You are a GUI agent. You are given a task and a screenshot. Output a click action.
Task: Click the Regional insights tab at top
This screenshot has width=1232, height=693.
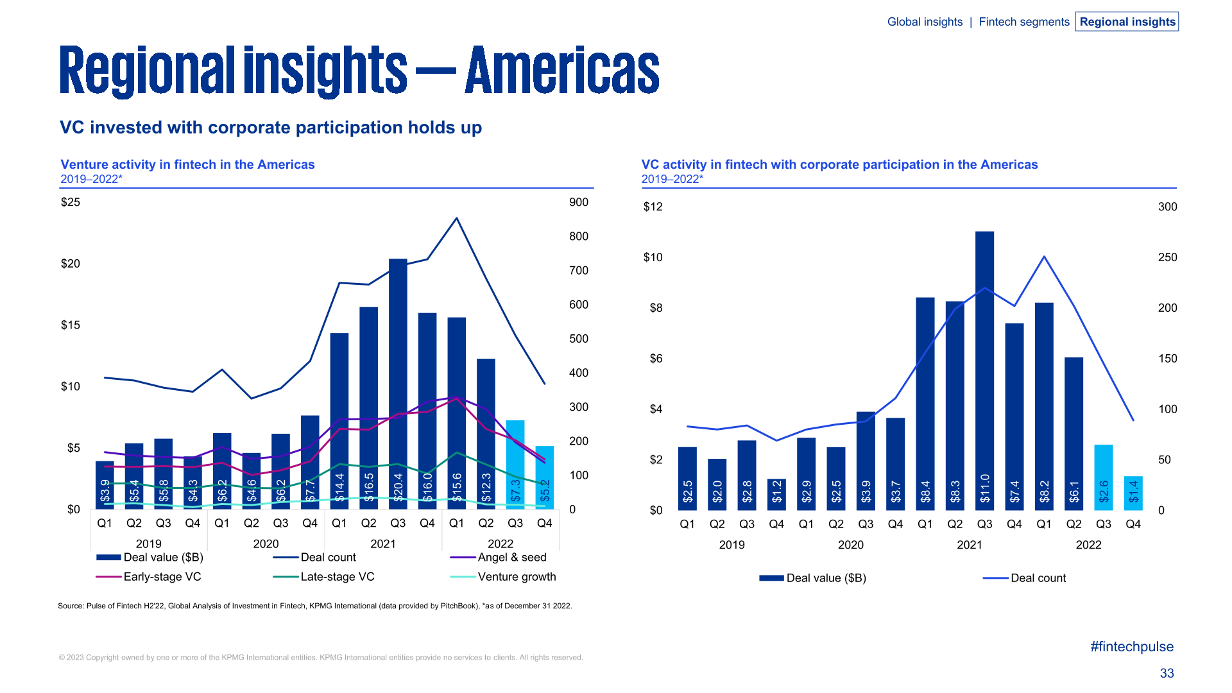point(1127,22)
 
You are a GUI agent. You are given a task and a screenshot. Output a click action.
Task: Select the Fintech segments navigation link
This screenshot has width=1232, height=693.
point(1023,22)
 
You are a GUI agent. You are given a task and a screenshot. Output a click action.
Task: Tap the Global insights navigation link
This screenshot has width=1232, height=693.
point(925,22)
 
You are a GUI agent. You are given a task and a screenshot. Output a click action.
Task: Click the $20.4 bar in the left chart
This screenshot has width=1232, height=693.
point(398,385)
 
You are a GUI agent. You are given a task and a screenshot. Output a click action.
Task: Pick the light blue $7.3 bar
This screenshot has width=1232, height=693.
point(515,465)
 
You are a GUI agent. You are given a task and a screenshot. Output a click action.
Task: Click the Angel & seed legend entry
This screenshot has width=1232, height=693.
point(511,558)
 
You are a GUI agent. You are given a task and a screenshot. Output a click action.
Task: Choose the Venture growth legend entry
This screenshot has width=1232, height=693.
point(517,577)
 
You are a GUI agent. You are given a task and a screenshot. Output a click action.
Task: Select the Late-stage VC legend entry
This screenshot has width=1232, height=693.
point(337,577)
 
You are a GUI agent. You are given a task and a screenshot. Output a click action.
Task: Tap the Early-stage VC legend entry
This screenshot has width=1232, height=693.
point(162,577)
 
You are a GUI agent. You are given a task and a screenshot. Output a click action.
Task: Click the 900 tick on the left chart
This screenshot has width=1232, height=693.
point(578,202)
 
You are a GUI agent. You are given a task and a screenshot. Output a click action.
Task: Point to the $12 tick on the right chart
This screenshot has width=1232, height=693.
point(653,207)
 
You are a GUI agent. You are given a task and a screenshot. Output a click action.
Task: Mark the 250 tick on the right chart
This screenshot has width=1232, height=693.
point(1167,257)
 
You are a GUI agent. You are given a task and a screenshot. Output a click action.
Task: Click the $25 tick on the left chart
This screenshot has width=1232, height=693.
point(71,202)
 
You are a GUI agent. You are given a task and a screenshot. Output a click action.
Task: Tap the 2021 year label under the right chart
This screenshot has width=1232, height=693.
point(969,545)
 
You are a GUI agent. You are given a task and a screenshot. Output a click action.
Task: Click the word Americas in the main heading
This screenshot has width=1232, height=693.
point(562,71)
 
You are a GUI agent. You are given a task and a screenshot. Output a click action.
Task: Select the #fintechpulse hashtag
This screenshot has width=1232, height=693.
point(1131,647)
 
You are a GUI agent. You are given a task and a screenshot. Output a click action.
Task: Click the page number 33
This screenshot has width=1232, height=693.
point(1167,673)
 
